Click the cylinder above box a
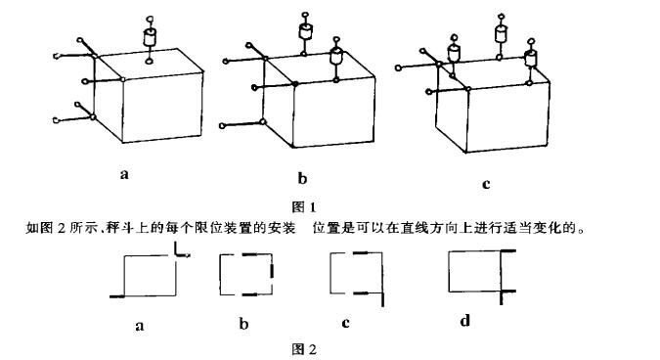coord(150,39)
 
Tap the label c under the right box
coord(486,183)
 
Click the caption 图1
coord(306,206)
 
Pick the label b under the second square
coord(242,325)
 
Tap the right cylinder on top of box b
coord(336,59)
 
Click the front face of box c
coord(505,120)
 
